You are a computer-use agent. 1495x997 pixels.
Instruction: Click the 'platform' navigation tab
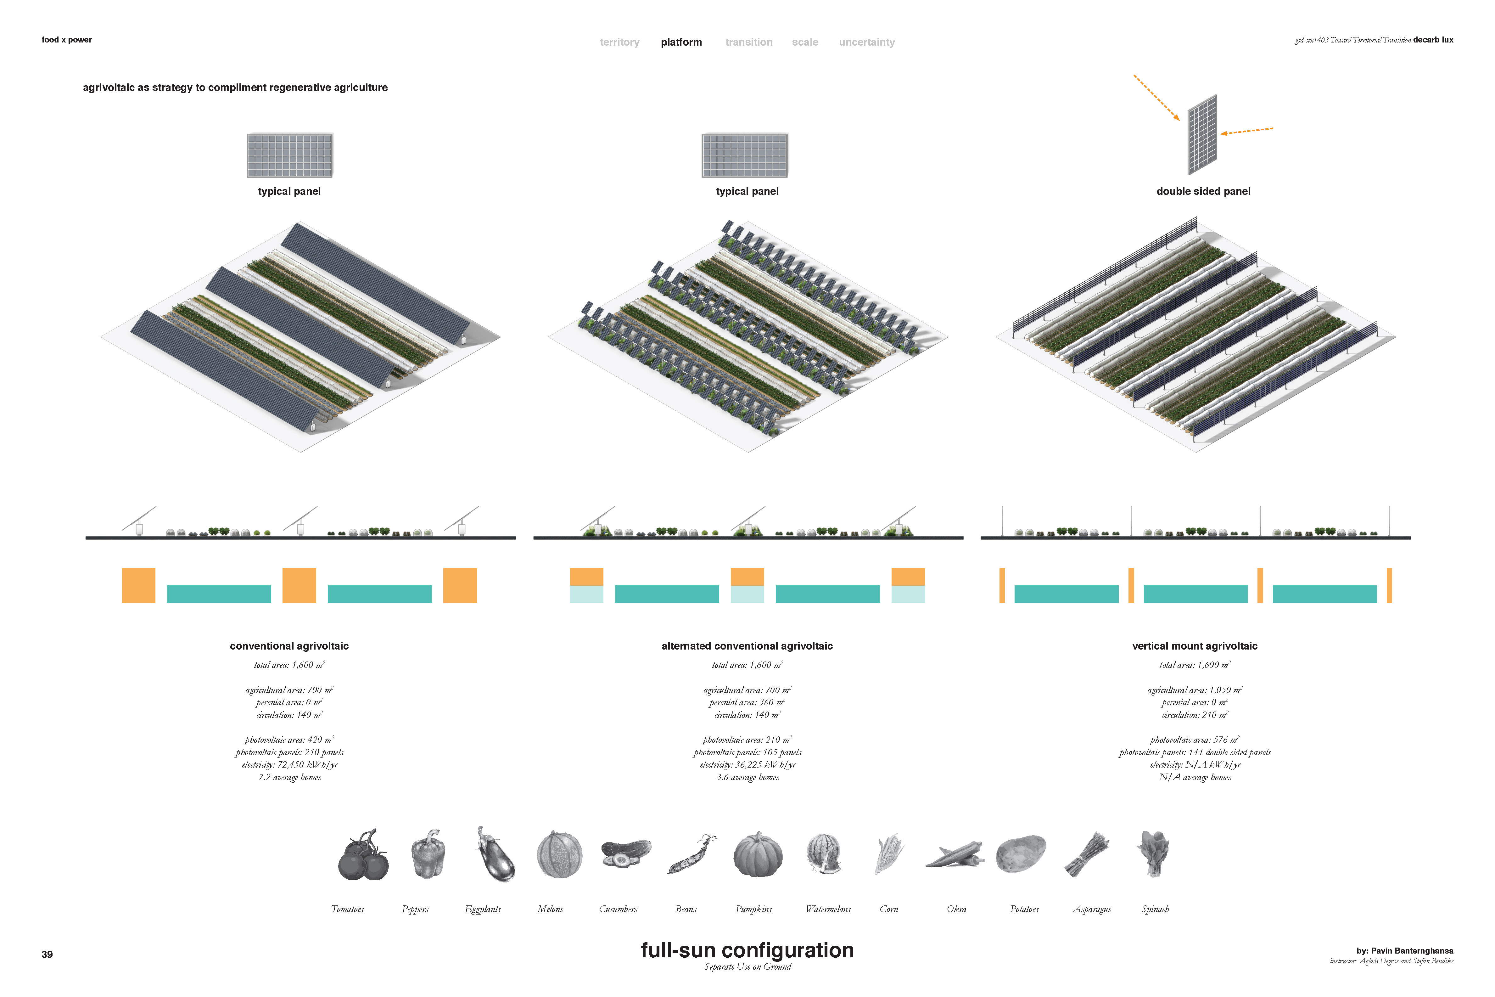[681, 42]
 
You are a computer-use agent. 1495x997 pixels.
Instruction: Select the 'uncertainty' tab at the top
[866, 42]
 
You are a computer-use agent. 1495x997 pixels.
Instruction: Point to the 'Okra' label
[956, 909]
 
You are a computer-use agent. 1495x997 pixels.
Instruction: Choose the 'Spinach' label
[1155, 909]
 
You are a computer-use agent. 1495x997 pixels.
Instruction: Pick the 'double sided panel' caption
[1203, 191]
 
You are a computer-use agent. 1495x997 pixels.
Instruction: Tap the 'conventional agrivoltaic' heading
[289, 646]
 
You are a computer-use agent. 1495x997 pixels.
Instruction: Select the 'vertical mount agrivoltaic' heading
[1194, 646]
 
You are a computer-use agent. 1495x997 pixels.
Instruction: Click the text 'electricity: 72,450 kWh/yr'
[290, 764]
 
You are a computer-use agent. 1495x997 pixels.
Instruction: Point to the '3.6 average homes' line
[747, 777]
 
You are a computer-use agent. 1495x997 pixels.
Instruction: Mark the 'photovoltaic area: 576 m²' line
[1194, 740]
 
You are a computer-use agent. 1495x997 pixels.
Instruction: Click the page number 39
[47, 955]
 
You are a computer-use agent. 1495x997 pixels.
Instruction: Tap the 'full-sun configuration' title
[747, 950]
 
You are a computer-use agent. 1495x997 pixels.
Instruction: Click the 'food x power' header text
[67, 39]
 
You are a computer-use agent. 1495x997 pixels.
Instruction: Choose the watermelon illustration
[824, 854]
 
